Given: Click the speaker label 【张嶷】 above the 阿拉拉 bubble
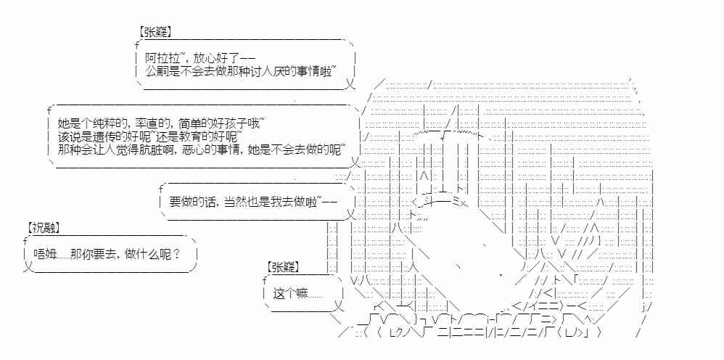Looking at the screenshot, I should pos(152,32).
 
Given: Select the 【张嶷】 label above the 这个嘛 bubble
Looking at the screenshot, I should pos(283,266).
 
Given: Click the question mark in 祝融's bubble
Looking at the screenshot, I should pos(178,255).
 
